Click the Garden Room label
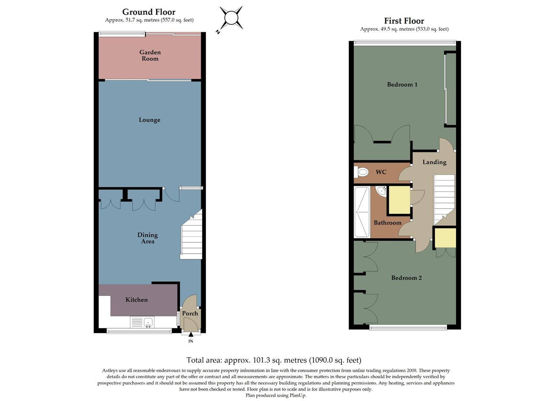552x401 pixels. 150,55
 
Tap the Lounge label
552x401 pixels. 149,120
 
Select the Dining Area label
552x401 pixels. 148,238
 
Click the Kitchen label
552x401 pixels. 136,300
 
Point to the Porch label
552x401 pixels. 190,313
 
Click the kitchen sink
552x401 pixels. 148,322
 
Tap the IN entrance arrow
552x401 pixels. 191,335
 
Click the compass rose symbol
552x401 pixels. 231,18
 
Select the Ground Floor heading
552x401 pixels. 149,12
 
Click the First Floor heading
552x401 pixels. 404,21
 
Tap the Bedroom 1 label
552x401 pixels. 402,85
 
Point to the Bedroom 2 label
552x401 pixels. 406,278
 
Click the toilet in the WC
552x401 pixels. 362,172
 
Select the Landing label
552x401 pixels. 434,162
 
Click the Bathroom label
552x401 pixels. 387,223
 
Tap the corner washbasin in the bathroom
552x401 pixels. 382,191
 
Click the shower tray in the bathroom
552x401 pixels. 362,212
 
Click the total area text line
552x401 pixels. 274,360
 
